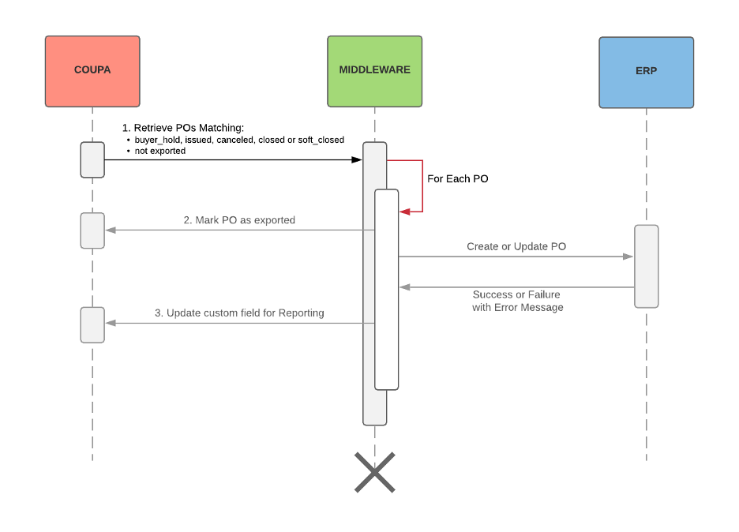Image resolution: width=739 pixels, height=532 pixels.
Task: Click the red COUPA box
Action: click(x=92, y=71)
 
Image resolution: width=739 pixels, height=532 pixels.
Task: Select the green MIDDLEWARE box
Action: click(x=374, y=71)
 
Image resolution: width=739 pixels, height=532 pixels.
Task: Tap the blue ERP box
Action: click(x=646, y=72)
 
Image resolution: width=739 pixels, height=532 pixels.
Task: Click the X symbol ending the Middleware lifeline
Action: click(x=374, y=472)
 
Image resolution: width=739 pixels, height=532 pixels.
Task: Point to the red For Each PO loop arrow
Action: click(x=422, y=186)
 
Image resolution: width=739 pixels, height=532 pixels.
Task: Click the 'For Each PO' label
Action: click(x=458, y=179)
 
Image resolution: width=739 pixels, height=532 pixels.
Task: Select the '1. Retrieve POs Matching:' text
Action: click(x=182, y=127)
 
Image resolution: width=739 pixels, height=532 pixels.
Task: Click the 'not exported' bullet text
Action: click(x=160, y=151)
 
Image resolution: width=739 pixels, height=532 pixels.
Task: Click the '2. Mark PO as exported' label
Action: click(x=239, y=220)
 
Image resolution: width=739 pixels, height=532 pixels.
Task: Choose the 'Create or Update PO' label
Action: click(x=516, y=246)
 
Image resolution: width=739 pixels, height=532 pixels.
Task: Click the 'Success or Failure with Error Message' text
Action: click(x=517, y=301)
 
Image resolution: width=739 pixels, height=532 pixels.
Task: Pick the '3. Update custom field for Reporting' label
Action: click(x=239, y=313)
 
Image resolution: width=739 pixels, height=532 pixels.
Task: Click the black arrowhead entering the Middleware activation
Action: click(x=357, y=159)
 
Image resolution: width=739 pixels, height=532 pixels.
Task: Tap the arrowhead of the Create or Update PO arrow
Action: click(x=628, y=257)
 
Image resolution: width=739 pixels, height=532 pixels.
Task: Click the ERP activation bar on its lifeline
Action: click(x=646, y=266)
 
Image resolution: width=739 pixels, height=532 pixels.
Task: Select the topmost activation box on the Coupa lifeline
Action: click(x=92, y=159)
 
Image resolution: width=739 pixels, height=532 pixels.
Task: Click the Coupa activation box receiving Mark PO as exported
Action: click(x=92, y=230)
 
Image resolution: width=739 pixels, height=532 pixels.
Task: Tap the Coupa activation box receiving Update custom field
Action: click(x=92, y=324)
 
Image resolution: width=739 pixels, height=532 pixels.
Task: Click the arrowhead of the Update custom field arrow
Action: click(x=111, y=323)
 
